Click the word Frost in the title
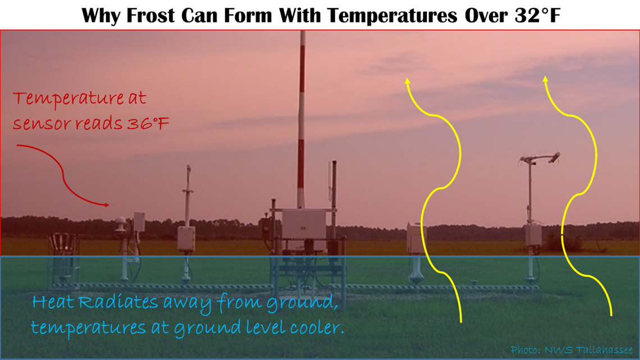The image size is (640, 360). pyautogui.click(x=151, y=16)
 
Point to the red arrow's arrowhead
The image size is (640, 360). pyautogui.click(x=107, y=205)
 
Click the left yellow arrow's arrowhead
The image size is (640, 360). pyautogui.click(x=407, y=81)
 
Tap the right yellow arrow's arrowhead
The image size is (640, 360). pyautogui.click(x=545, y=79)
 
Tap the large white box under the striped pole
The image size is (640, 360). pyautogui.click(x=304, y=225)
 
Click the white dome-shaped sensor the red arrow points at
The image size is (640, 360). pyautogui.click(x=120, y=223)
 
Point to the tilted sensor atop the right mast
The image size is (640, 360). pyautogui.click(x=555, y=157)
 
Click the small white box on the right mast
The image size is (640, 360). pyautogui.click(x=533, y=235)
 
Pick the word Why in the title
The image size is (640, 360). pyautogui.click(x=102, y=16)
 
